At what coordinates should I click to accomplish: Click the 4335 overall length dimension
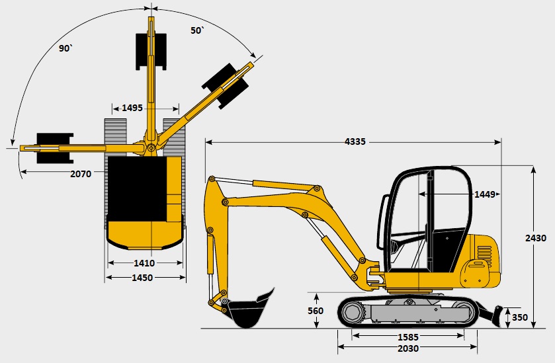click(x=355, y=142)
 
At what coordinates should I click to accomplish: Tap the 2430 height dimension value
click(x=536, y=238)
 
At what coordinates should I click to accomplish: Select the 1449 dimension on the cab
click(x=485, y=194)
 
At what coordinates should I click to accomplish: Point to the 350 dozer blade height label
click(x=519, y=317)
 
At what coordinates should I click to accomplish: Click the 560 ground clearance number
click(x=316, y=311)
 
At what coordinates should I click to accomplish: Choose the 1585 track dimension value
click(x=408, y=337)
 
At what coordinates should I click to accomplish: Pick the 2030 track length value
click(x=408, y=348)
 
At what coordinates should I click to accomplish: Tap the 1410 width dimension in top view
click(x=144, y=263)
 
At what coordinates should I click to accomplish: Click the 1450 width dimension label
click(x=142, y=278)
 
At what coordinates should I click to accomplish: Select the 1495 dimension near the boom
click(x=132, y=108)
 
